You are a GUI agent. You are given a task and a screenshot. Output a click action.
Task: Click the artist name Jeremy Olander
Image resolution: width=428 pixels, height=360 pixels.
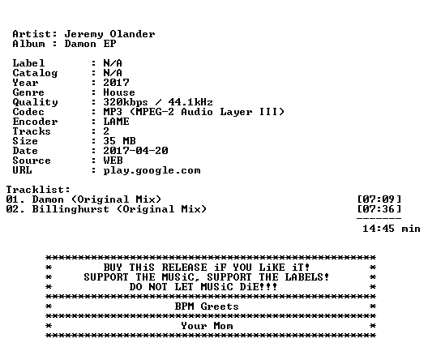(x=109, y=34)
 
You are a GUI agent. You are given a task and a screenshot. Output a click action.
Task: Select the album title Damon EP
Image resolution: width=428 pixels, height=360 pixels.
(x=90, y=44)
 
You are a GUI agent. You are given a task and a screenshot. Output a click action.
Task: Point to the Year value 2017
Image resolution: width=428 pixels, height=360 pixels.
(x=116, y=83)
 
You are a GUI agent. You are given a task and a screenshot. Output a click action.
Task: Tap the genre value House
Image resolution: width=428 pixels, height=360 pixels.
(x=119, y=92)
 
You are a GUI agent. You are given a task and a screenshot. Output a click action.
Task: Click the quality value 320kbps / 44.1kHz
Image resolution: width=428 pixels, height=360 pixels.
(x=158, y=102)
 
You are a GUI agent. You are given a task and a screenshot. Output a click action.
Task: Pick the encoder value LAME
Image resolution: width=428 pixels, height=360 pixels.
(x=116, y=122)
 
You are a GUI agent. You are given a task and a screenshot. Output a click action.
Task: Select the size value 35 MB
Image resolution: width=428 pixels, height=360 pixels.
(x=119, y=141)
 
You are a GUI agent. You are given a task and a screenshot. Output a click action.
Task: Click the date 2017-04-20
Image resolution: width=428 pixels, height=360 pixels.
(x=135, y=151)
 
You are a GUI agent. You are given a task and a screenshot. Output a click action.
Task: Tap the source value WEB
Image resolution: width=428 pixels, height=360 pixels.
(x=113, y=161)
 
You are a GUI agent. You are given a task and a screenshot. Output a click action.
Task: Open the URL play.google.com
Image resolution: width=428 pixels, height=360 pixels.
(x=152, y=170)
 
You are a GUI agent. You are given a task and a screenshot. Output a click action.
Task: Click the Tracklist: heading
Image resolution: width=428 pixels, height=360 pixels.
(x=38, y=190)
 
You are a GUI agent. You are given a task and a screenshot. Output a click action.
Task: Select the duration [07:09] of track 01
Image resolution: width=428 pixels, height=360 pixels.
(x=379, y=199)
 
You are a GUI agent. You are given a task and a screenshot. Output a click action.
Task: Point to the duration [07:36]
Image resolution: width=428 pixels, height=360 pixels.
(x=379, y=209)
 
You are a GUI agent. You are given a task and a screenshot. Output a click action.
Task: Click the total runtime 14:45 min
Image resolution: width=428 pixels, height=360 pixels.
(x=392, y=229)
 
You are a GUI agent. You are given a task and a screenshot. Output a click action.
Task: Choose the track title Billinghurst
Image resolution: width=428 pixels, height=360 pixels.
(x=71, y=209)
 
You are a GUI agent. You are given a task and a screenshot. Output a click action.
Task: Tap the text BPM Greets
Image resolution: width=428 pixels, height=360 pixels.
(x=207, y=306)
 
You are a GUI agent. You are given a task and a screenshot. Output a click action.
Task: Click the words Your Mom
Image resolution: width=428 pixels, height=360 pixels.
(x=207, y=326)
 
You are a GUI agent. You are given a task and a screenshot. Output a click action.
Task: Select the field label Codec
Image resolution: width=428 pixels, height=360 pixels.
(x=28, y=112)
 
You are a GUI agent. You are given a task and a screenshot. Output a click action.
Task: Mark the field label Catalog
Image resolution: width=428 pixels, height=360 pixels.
(x=35, y=73)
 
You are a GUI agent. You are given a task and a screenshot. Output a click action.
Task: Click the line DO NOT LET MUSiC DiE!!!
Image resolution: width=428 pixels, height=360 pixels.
(x=203, y=287)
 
